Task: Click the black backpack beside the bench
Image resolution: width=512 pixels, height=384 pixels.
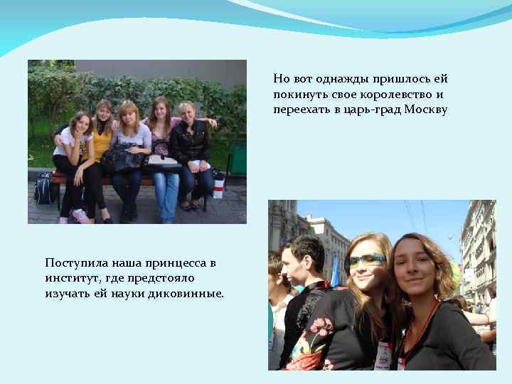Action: [x=44, y=188]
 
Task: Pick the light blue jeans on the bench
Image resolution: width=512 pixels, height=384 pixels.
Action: [x=165, y=188]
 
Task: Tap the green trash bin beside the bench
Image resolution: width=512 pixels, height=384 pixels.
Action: [x=237, y=161]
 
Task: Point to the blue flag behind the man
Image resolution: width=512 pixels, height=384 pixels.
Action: [x=334, y=271]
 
